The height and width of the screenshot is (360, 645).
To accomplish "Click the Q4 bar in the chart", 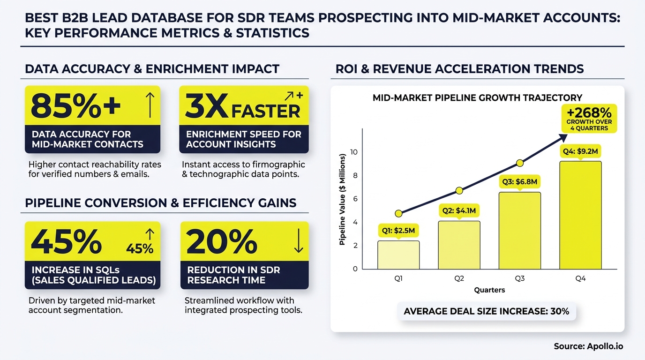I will click(580, 215).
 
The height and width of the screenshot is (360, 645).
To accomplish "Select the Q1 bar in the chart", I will click(398, 255).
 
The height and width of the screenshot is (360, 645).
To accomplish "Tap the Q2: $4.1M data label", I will click(459, 211).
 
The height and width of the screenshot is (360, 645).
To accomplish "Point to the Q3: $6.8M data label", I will click(519, 182).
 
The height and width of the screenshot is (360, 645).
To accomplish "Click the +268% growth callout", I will click(589, 118).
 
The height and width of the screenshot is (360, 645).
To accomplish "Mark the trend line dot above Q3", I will click(520, 163).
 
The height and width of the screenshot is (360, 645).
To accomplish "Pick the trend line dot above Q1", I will click(398, 214).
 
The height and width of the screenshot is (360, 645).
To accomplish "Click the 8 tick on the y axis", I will click(354, 176).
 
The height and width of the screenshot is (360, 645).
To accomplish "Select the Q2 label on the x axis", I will click(459, 278).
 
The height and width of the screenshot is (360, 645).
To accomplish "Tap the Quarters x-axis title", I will click(489, 290).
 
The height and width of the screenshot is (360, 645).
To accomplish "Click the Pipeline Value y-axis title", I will click(343, 199).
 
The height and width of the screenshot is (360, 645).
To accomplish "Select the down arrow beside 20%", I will click(298, 242).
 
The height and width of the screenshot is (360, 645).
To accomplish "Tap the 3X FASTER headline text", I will click(243, 107).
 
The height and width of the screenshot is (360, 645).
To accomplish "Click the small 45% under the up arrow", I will click(140, 249).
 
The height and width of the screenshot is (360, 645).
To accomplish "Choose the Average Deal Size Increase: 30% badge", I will click(486, 311).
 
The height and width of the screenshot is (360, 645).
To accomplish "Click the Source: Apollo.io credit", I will click(589, 346).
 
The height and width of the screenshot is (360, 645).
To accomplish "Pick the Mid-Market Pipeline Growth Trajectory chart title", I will click(477, 98).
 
